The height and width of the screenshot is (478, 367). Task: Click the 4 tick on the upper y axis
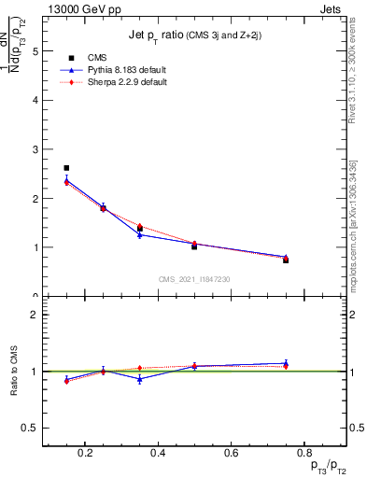[x=37, y=100]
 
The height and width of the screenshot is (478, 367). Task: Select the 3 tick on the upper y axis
[x=37, y=149]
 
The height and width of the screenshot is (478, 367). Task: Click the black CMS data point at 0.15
[x=66, y=168]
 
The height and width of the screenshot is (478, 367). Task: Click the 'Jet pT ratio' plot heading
[x=193, y=35]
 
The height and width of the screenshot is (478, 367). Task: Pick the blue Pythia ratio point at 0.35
[x=140, y=379]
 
